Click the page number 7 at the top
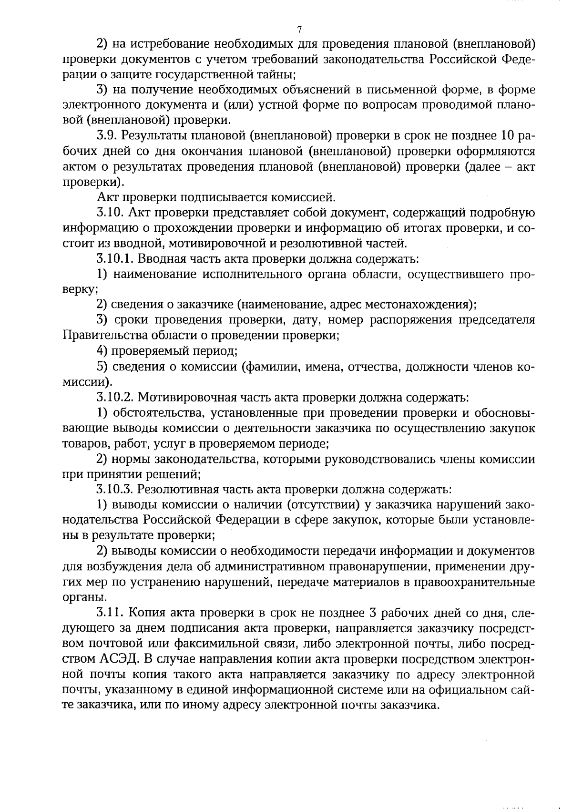[299, 30]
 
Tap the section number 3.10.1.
[116, 259]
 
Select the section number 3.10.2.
[116, 397]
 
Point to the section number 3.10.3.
[116, 489]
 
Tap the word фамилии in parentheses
[272, 367]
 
